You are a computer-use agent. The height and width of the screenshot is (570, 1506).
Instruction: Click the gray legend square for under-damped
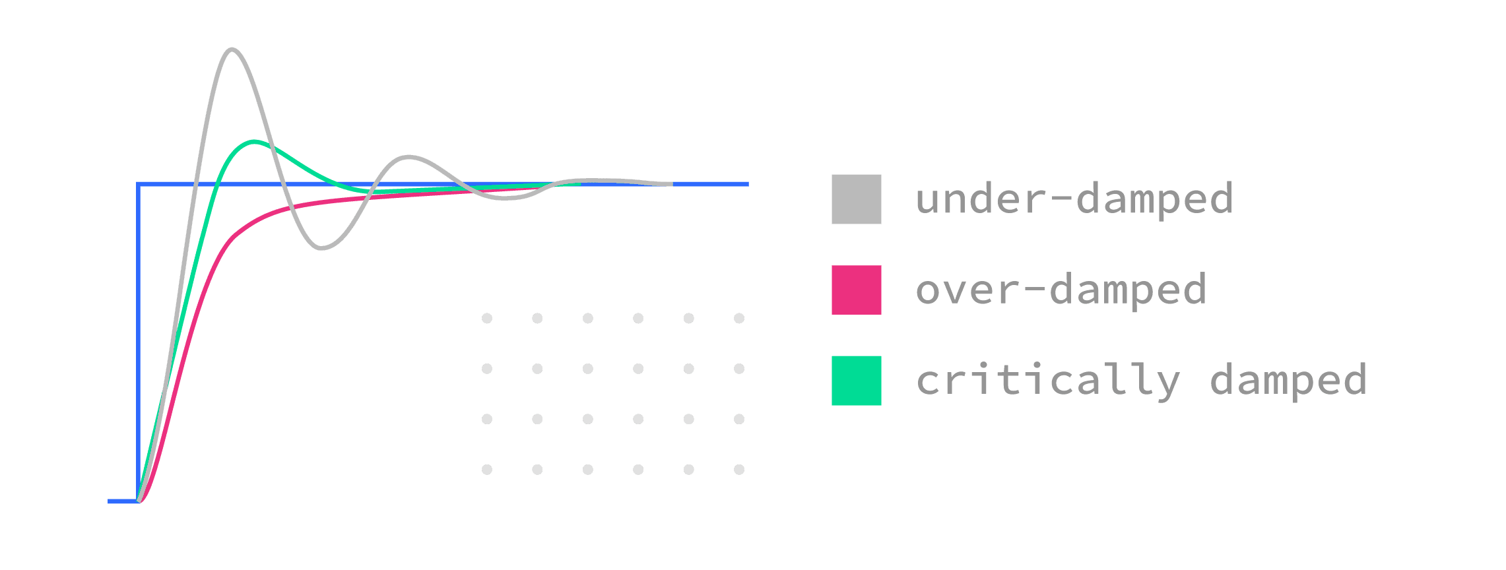pyautogui.click(x=856, y=199)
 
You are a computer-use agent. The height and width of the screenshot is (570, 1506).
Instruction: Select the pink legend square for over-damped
pyautogui.click(x=856, y=290)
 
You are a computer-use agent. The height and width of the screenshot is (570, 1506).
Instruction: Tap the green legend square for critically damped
pyautogui.click(x=856, y=381)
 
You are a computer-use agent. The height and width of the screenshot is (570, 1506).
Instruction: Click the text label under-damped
pyautogui.click(x=1074, y=199)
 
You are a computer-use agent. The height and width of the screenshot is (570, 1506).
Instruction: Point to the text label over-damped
pyautogui.click(x=1061, y=290)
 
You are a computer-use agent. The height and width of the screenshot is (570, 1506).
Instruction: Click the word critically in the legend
pyautogui.click(x=1047, y=381)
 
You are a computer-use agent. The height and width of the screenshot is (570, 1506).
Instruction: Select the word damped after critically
pyautogui.click(x=1288, y=381)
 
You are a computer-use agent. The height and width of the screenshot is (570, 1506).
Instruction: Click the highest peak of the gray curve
pyautogui.click(x=232, y=49)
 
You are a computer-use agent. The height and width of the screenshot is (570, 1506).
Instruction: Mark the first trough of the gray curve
pyautogui.click(x=321, y=249)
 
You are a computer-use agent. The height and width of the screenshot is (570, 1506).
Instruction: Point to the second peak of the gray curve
pyautogui.click(x=409, y=157)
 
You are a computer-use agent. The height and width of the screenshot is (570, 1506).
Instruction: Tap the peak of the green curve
pyautogui.click(x=255, y=142)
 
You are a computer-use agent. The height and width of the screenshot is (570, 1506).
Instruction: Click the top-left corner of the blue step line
pyautogui.click(x=138, y=185)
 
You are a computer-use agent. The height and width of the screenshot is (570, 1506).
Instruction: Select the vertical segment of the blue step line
pyautogui.click(x=138, y=343)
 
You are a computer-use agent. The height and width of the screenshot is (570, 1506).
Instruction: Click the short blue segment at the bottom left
pyautogui.click(x=122, y=501)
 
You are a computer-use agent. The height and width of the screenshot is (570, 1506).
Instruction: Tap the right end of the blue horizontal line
pyautogui.click(x=747, y=185)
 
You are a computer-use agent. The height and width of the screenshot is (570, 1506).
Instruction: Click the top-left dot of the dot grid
pyautogui.click(x=487, y=319)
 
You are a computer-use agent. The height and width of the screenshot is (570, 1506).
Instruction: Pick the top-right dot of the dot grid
pyautogui.click(x=739, y=319)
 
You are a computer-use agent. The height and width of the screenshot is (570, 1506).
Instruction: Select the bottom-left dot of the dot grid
pyautogui.click(x=487, y=470)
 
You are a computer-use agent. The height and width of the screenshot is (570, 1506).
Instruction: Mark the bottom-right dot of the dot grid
pyautogui.click(x=739, y=470)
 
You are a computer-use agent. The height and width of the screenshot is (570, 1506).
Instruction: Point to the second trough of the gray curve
pyautogui.click(x=506, y=198)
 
